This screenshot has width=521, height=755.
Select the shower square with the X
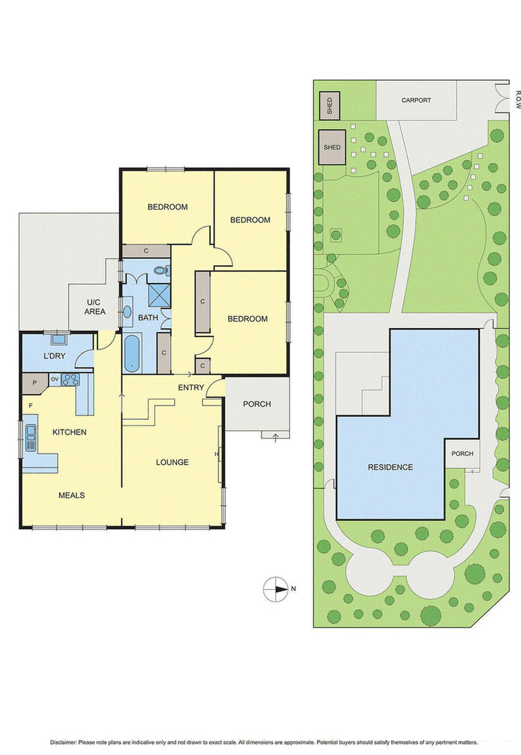pos(159,294)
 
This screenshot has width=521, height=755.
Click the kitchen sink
pos(31,437)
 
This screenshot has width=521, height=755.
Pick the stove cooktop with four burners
pos(70,380)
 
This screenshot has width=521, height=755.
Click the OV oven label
pos(55,379)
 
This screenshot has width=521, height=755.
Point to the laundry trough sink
pos(58,339)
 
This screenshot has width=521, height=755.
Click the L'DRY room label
pos(54,356)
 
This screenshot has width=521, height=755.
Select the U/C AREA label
pos(95,307)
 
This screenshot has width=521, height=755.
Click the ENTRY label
pos(191,387)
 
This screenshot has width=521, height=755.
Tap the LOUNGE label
pos(172,462)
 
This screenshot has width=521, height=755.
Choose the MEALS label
pos(71,495)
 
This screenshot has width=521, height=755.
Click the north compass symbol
pos(276,589)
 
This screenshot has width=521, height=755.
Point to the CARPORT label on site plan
pos(416,100)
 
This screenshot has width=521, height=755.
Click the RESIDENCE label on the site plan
pos(390,467)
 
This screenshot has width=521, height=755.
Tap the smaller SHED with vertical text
pos(330,106)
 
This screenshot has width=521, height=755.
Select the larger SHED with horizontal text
pos(332,147)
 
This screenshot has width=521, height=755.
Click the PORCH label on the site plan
pos(463,454)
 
